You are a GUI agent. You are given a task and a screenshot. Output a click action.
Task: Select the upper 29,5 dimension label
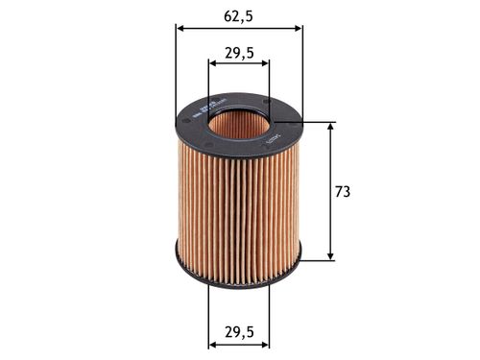[x=239, y=54]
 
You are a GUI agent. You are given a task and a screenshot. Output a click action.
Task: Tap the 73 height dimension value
[x=343, y=191]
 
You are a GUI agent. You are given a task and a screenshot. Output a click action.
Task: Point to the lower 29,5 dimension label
[x=239, y=333]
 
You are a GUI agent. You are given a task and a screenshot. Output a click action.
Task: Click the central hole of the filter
[x=239, y=123]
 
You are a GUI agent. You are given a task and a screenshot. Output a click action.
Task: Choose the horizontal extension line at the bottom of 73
[x=317, y=259]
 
